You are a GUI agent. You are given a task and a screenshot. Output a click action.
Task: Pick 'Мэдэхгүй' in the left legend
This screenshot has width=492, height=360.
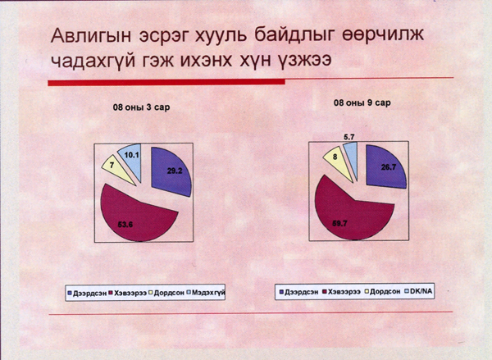pos(210,292)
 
